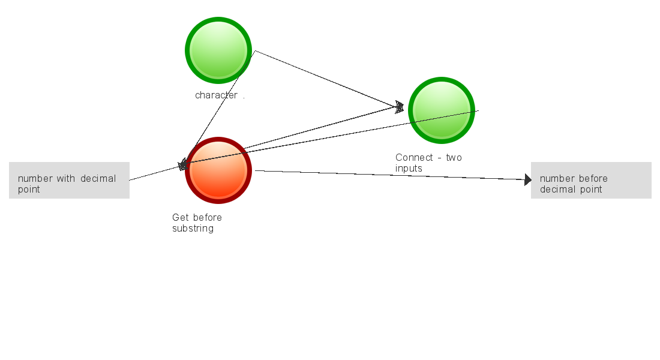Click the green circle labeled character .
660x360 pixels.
click(x=218, y=50)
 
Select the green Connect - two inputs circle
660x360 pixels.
click(x=442, y=110)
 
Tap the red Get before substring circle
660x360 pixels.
click(x=218, y=170)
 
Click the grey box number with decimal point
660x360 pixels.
click(x=69, y=180)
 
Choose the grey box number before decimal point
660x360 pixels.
click(x=591, y=180)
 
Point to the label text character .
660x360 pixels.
click(x=216, y=95)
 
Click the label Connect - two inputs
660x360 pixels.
click(x=428, y=163)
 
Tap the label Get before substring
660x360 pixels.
click(x=197, y=223)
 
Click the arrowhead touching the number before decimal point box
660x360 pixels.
click(x=527, y=179)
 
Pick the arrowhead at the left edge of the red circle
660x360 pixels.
click(x=183, y=165)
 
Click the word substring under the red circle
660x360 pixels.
click(x=193, y=229)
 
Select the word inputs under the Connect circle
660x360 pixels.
click(x=409, y=169)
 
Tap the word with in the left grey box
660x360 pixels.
click(x=66, y=178)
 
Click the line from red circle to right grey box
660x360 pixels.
click(x=390, y=175)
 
